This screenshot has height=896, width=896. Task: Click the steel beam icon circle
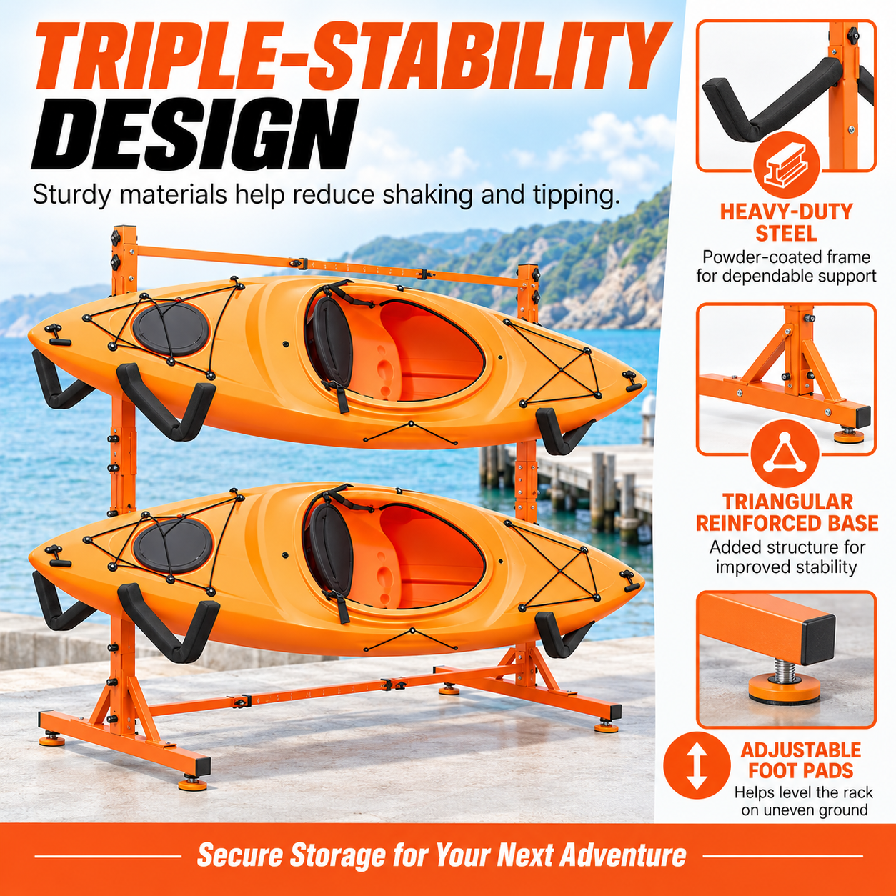click(785, 166)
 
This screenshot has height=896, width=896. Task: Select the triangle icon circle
click(785, 453)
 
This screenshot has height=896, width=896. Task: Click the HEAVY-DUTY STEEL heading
click(786, 223)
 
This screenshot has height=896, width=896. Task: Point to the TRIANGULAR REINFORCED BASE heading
click(787, 512)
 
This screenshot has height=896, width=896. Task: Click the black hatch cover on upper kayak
click(171, 329)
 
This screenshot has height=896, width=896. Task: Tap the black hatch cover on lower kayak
click(173, 545)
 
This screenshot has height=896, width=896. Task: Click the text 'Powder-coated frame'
click(786, 257)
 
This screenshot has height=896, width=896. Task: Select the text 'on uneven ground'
click(805, 810)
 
